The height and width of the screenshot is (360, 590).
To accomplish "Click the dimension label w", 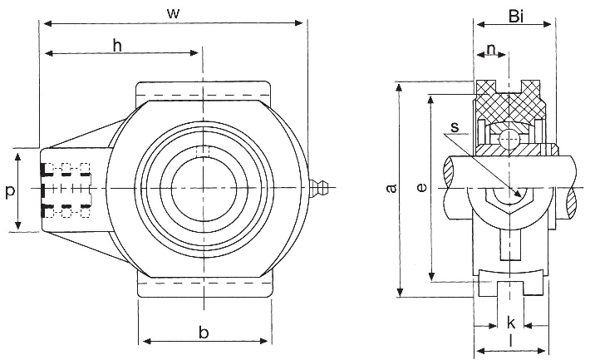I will (x=173, y=12).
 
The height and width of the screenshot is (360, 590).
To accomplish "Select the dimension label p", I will (x=9, y=191).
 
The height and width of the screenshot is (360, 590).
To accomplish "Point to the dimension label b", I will (x=204, y=332).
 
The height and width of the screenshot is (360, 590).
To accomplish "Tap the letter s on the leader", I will (x=454, y=127).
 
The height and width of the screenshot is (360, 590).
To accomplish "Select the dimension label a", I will (x=391, y=188).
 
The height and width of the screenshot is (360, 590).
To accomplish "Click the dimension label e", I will (x=422, y=189).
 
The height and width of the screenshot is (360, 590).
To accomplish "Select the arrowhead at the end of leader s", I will (x=521, y=197).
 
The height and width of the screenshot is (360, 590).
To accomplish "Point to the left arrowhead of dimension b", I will (x=141, y=341).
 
